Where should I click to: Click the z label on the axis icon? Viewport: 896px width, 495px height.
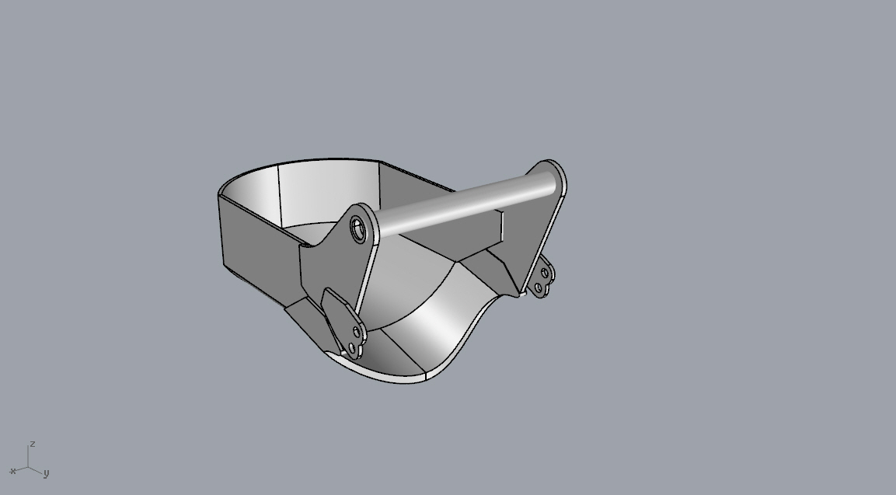click(33, 444)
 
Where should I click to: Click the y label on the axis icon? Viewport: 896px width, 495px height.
click(47, 472)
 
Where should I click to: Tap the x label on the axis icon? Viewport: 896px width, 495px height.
click(12, 472)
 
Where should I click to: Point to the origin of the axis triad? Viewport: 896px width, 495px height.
click(28, 468)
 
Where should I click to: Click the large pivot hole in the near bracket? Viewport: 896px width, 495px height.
click(358, 229)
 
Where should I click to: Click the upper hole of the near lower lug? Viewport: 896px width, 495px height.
click(357, 332)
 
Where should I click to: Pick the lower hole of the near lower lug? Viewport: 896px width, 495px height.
click(351, 347)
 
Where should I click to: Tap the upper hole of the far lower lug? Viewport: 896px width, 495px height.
click(545, 274)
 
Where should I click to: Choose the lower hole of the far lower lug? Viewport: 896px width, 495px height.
click(539, 288)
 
